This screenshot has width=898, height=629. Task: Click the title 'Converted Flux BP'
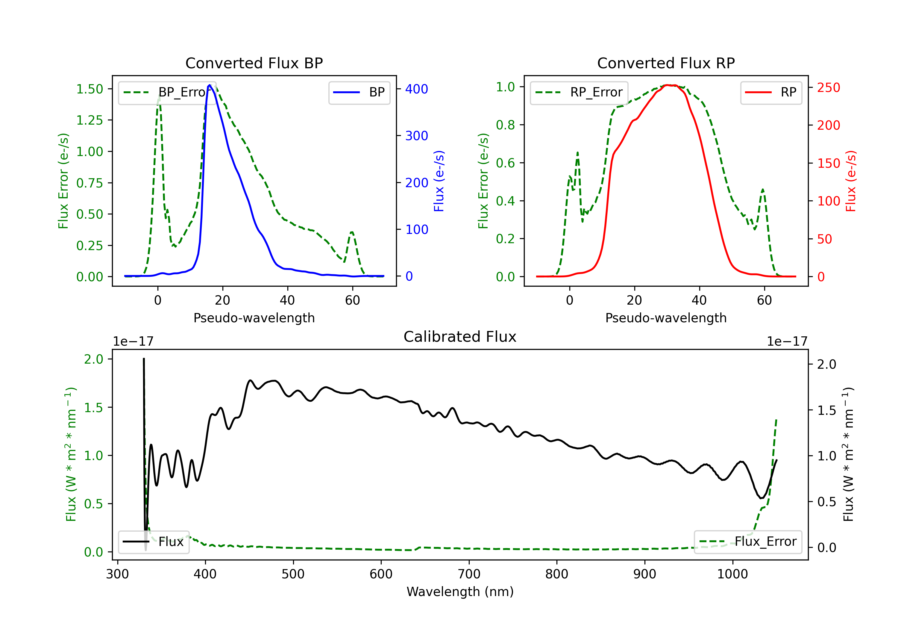coord(254,63)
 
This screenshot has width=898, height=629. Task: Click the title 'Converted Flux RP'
coord(666,63)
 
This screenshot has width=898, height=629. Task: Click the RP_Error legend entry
coord(579,92)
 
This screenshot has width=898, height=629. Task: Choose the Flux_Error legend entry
coord(748,542)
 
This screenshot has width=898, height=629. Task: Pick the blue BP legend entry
coord(359,92)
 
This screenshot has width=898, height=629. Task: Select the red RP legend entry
coord(771,92)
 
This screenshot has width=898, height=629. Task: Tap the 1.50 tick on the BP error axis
coord(90,89)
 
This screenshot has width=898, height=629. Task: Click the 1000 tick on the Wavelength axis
coord(732,574)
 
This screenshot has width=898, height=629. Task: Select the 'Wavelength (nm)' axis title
coord(460,592)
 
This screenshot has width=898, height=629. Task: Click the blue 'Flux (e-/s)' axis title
coord(439,181)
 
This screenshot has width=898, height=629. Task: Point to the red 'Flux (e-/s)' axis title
coord(851,181)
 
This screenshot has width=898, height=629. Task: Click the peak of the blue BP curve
coord(210,85)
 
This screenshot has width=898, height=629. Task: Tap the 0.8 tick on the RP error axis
coord(505,125)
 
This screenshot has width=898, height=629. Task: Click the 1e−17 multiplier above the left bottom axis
coord(133,342)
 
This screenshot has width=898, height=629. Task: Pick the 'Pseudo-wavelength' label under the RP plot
coord(666,318)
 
